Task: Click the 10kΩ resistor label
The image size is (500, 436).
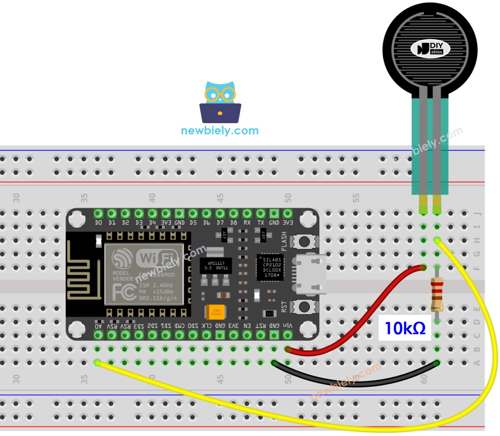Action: (x=405, y=328)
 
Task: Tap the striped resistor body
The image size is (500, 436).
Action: (x=437, y=294)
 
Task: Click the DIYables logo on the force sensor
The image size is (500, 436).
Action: (x=430, y=49)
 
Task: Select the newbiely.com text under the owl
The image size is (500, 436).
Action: (x=220, y=131)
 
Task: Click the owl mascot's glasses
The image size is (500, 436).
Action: (x=220, y=94)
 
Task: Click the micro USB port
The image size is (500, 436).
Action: (x=310, y=274)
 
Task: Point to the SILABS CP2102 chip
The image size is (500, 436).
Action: (x=270, y=267)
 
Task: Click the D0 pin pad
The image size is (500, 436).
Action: (x=98, y=213)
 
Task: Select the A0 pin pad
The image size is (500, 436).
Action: (x=98, y=335)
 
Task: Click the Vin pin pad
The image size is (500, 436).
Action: (x=287, y=335)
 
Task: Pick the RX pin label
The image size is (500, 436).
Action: (x=247, y=223)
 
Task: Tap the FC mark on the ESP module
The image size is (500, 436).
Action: (x=124, y=292)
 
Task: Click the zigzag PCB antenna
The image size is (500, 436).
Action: (x=81, y=275)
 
